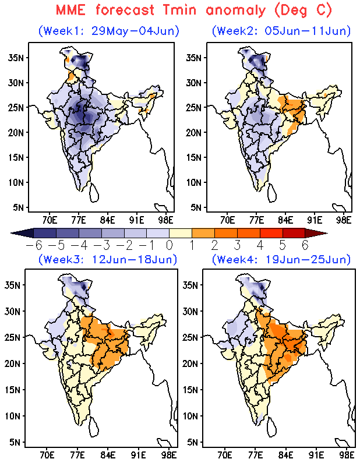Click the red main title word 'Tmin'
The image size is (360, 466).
tap(179, 10)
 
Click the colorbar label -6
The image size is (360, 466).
tap(34, 245)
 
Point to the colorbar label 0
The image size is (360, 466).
tap(169, 245)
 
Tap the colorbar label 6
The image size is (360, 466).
tap(305, 245)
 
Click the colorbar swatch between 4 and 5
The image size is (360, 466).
tap(271, 233)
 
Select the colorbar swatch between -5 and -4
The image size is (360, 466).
tap(68, 233)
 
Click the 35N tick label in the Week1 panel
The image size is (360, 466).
tap(16, 57)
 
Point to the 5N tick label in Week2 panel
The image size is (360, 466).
tap(197, 207)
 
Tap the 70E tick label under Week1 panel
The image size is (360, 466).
tap(50, 220)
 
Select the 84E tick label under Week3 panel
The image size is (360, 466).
tap(108, 455)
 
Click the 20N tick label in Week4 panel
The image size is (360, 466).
tap(190, 363)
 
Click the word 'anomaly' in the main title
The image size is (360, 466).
tap(235, 11)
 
